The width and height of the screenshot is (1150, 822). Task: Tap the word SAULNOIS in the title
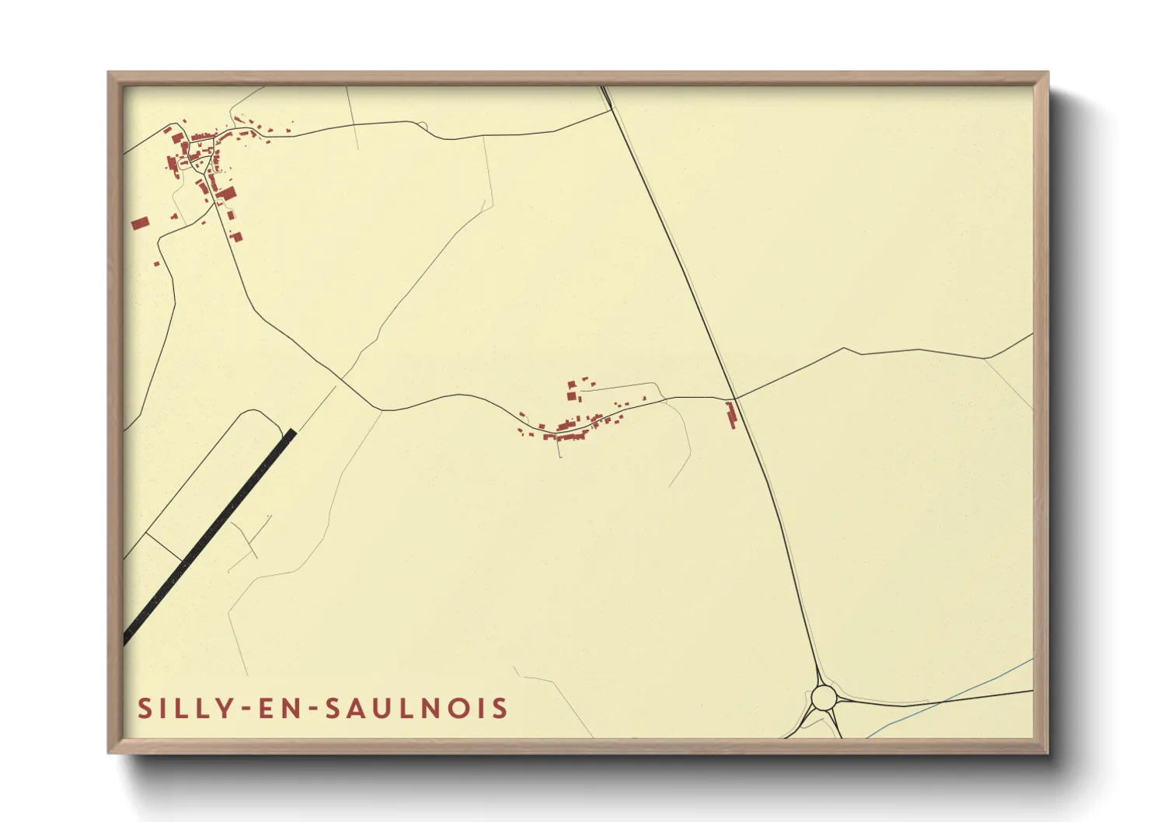point(416,709)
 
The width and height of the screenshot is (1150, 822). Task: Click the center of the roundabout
point(823,698)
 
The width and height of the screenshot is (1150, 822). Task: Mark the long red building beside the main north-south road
point(731,415)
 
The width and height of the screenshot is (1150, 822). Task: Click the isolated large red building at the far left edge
point(140,224)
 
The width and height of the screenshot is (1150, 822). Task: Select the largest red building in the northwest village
point(226,193)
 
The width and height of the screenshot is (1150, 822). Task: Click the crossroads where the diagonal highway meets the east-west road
point(735,399)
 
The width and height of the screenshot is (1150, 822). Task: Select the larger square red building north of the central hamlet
point(573,396)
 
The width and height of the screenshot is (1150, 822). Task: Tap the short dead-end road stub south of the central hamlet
point(559,449)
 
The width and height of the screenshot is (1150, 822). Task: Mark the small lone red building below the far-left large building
point(156,264)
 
